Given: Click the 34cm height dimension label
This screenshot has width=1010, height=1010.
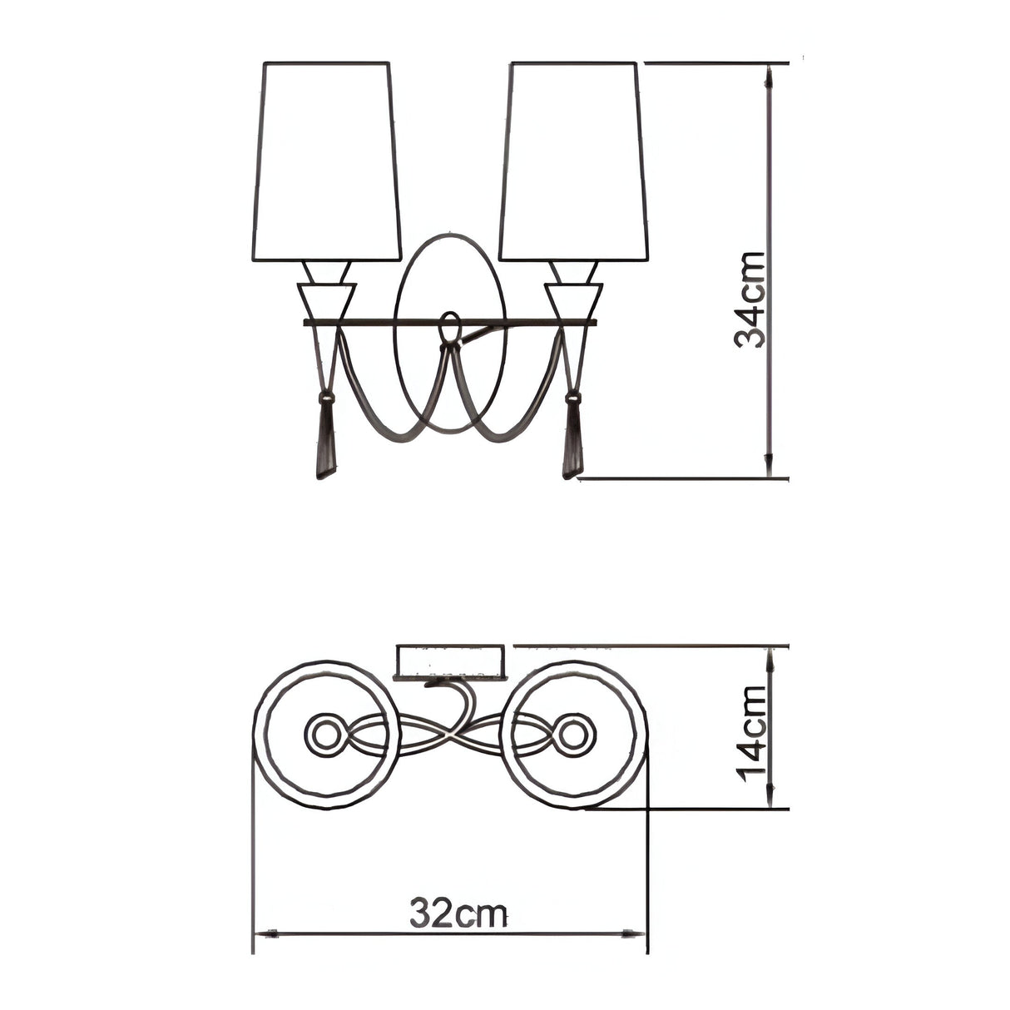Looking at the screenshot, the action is tap(749, 300).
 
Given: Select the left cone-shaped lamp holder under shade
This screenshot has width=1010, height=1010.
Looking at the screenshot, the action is tap(326, 301).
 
